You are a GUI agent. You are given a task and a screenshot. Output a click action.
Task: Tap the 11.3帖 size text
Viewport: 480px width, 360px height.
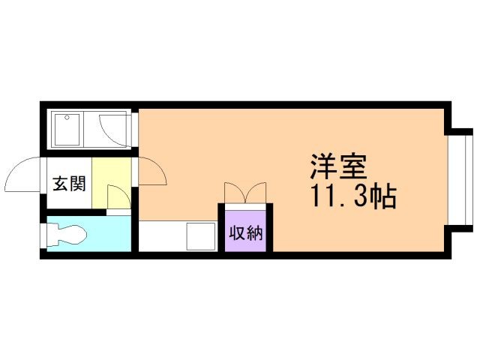(x=353, y=196)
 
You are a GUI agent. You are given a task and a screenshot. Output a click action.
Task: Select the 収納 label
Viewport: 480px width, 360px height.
(x=245, y=232)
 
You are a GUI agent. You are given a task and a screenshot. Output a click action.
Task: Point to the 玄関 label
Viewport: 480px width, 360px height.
(x=68, y=184)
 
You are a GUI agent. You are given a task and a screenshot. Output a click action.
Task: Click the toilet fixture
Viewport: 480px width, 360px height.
(x=67, y=234)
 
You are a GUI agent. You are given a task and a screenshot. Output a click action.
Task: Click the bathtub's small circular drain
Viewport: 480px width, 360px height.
(x=66, y=118)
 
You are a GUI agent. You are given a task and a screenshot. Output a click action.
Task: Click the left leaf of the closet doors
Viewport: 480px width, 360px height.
(x=233, y=192)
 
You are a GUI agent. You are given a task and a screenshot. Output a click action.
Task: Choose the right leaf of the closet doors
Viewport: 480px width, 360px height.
(x=256, y=192)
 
